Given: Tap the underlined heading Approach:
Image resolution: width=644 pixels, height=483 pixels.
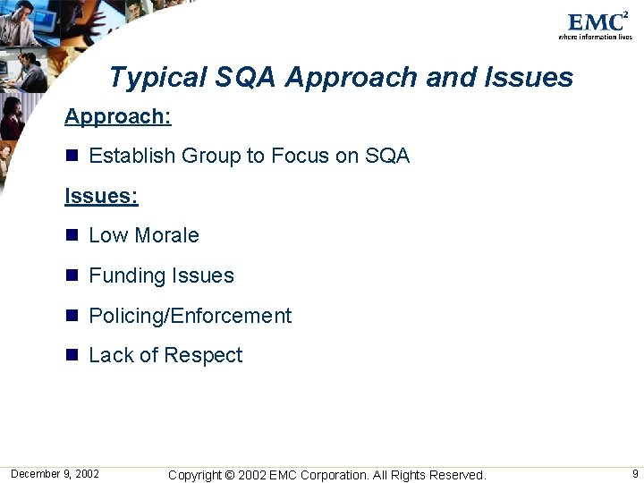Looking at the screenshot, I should click(118, 117).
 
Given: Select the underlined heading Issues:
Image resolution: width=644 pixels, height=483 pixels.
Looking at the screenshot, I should click(101, 195).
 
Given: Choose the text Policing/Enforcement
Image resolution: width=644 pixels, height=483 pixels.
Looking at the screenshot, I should click(190, 316).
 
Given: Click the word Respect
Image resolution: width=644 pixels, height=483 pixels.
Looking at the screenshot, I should click(204, 355).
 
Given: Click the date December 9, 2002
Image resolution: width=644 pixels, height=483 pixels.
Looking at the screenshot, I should click(55, 474).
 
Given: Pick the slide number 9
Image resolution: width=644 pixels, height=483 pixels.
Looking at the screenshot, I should click(634, 474).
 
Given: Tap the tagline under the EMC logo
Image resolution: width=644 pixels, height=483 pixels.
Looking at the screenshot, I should click(596, 38).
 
